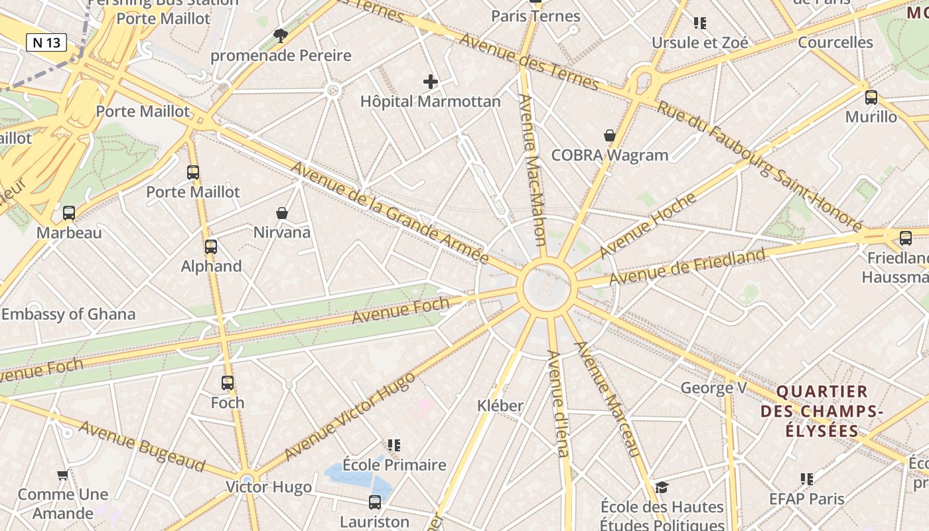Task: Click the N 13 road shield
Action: coord(46,42)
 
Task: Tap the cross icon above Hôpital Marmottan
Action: coord(431,82)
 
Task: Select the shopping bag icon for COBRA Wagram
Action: coord(610,136)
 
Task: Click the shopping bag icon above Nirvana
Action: coord(282,213)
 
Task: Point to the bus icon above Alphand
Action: coord(211,247)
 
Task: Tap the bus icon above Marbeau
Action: coord(69,213)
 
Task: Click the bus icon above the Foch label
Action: coord(228,383)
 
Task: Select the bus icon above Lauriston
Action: coord(375,502)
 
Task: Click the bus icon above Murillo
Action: coord(871,98)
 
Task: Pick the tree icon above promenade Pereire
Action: coord(281,36)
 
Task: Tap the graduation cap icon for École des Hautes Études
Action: coord(662,488)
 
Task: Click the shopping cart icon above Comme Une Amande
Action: coord(63,475)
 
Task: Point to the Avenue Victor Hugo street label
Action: coord(350,416)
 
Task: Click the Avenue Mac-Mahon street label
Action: coord(533,170)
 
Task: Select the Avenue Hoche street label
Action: coord(648,225)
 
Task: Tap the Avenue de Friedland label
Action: coord(687,266)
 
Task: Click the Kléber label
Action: coord(500,406)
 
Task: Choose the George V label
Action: coord(713,388)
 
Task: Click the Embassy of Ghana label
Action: coord(68,314)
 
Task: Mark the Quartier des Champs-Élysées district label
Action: coord(822,411)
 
